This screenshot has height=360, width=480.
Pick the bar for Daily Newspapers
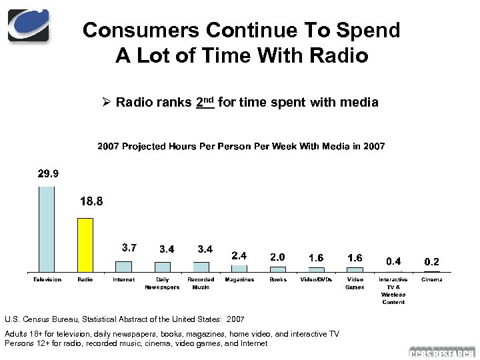[x=162, y=267]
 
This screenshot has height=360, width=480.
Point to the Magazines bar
[x=239, y=269]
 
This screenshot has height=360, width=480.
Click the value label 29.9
[x=48, y=175]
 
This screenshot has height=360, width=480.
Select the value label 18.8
[x=91, y=201]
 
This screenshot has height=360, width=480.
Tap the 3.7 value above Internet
[x=129, y=248]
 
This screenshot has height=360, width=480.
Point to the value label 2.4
[x=239, y=255]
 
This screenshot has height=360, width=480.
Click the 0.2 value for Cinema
[x=432, y=262]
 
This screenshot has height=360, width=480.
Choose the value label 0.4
[x=394, y=261]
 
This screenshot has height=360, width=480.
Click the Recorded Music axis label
[x=201, y=283]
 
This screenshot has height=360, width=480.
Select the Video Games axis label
[x=355, y=283]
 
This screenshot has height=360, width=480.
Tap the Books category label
[x=278, y=279]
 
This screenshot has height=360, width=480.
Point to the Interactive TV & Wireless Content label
[x=393, y=291]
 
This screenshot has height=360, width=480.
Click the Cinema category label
[x=432, y=279]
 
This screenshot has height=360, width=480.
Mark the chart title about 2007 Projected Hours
[x=241, y=146]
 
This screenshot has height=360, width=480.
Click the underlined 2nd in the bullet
[x=205, y=102]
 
